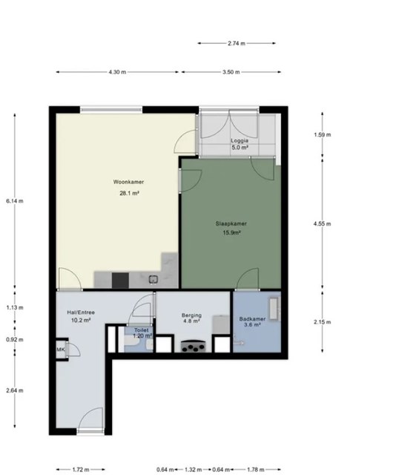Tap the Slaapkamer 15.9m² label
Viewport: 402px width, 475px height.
click(x=231, y=228)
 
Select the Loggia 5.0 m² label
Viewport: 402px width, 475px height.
click(x=240, y=144)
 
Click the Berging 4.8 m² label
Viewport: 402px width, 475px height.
click(x=191, y=318)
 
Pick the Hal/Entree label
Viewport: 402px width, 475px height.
click(x=81, y=312)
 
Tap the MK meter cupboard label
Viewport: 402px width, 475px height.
click(x=61, y=350)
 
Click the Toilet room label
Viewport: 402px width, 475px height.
click(x=142, y=330)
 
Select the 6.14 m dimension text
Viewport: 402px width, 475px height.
click(x=15, y=201)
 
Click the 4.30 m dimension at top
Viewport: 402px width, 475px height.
click(x=117, y=72)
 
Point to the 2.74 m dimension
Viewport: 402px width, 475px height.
click(x=237, y=43)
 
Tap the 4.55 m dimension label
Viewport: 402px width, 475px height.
click(x=322, y=224)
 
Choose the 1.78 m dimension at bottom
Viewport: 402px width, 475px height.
click(x=256, y=470)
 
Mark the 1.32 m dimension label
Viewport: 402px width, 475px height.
click(x=193, y=470)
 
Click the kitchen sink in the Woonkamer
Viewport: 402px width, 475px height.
click(x=154, y=279)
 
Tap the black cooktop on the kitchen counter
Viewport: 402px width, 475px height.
click(x=120, y=281)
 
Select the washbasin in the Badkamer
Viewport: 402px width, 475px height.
click(x=274, y=309)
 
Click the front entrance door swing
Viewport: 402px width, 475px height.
click(x=90, y=419)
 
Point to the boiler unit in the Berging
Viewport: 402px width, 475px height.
click(x=221, y=324)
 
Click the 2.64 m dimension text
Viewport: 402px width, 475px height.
click(x=15, y=390)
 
